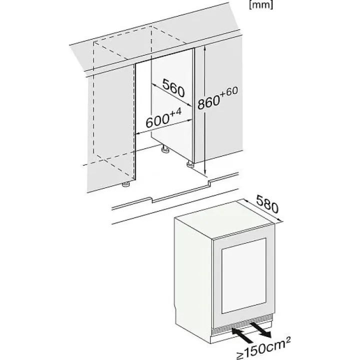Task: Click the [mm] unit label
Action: tap(261, 5)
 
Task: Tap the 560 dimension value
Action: tap(173, 88)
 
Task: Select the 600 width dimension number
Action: tap(157, 121)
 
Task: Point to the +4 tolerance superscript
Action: tap(175, 112)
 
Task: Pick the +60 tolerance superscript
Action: tap(228, 91)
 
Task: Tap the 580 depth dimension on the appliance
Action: tap(267, 203)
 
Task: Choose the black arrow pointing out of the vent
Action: tap(261, 330)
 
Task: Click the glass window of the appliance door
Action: tap(244, 275)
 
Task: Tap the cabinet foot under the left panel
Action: tap(125, 184)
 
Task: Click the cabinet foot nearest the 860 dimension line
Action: tap(189, 164)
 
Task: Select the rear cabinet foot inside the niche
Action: tap(164, 149)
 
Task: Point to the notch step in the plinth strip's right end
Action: tap(209, 182)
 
